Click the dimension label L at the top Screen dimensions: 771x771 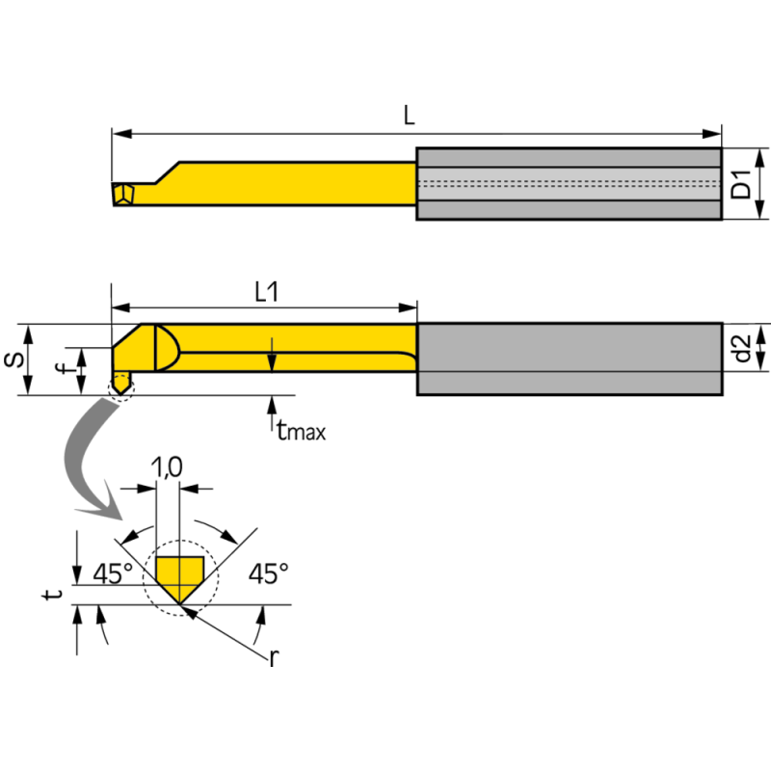coord(409,116)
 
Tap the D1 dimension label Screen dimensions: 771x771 coord(741,183)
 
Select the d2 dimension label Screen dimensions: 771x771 coord(741,348)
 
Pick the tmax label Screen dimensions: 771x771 coord(300,432)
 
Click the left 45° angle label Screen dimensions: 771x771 coord(113,574)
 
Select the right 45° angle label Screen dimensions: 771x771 coord(269,574)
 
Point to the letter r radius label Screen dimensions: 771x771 coord(275,658)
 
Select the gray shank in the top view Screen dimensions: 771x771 coord(569,184)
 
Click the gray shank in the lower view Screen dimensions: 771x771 coord(569,359)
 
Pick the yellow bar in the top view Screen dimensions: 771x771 coord(289,183)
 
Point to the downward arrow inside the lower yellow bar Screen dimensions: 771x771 coord(273,355)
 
